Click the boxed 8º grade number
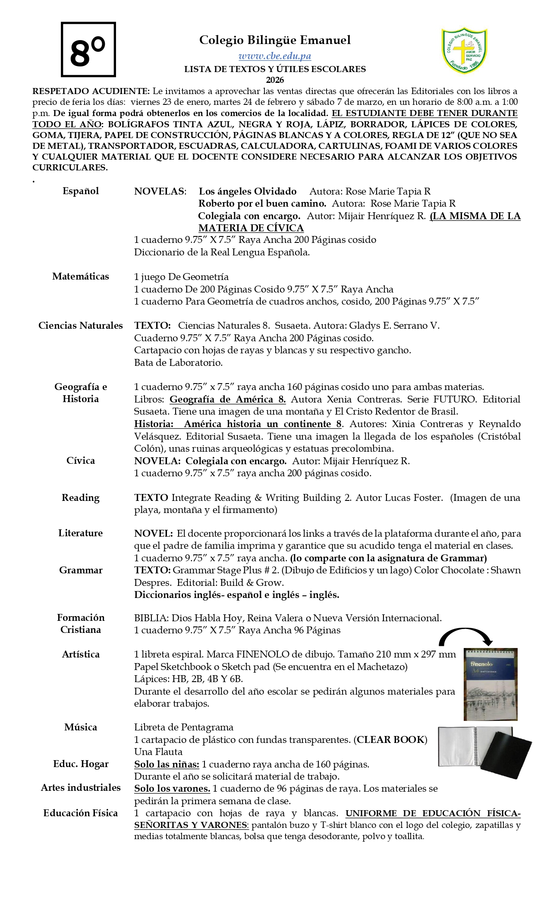88,50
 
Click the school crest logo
464,51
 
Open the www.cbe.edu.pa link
275,56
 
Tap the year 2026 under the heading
275,80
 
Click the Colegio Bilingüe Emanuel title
275,40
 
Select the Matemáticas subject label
81,277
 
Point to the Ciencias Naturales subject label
81,325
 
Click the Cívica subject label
81,461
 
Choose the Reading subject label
81,498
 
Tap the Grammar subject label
81,570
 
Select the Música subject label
81,727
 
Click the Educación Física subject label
81,813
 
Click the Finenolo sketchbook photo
490,684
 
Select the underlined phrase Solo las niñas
167,764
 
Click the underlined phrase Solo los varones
172,789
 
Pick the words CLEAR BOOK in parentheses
391,740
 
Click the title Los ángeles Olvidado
248,192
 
